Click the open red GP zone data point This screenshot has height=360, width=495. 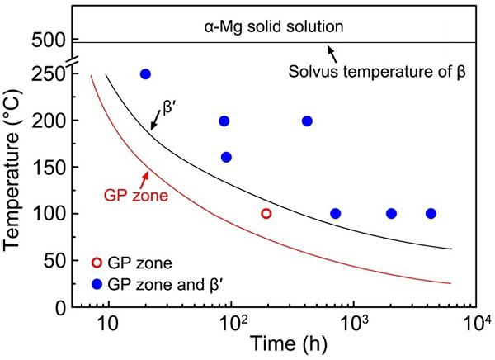click(266, 213)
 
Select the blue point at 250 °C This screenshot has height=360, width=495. click(146, 74)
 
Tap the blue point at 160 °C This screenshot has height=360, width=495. click(227, 157)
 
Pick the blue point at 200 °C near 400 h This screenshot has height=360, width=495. click(307, 121)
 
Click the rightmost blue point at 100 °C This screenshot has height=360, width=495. click(431, 214)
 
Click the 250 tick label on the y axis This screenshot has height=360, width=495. click(49, 74)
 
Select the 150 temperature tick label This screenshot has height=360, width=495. click(49, 168)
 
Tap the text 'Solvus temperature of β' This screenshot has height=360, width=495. click(379, 71)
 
